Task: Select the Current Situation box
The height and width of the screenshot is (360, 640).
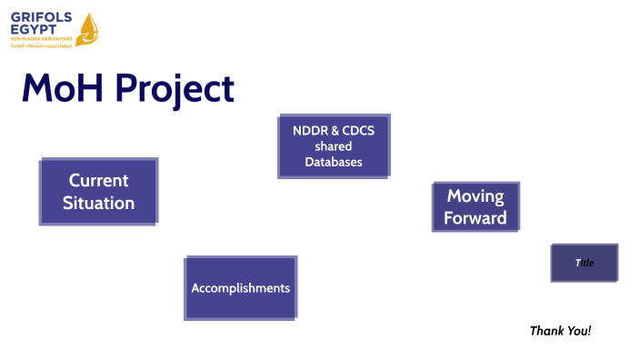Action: pos(98,192)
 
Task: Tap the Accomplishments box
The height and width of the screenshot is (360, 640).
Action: pos(241,288)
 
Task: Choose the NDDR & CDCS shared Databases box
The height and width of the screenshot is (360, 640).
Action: pos(333,146)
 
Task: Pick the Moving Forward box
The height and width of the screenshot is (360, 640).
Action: pos(475,207)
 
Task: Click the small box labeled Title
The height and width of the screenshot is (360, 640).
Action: pos(584,263)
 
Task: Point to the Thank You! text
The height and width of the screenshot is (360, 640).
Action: pos(560,330)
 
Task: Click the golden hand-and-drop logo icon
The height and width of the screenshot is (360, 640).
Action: pos(87,28)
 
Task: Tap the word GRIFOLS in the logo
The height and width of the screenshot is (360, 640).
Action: pos(41,17)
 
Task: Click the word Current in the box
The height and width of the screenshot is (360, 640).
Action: pos(98,180)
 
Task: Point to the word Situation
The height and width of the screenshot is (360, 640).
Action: pos(98,204)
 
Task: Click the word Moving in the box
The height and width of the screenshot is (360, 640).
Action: pos(475,195)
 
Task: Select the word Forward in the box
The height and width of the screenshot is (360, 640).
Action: pos(475,219)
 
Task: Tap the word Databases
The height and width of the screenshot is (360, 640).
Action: pos(333,162)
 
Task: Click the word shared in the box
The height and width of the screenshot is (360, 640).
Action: pos(333,146)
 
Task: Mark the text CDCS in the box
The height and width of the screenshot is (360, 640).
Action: pos(357,131)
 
